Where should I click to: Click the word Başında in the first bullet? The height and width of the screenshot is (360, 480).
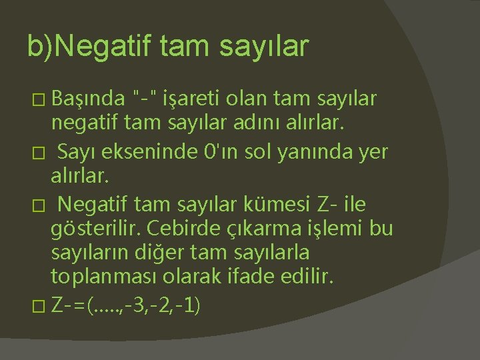click(88, 99)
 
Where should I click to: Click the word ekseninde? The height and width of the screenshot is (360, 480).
click(149, 151)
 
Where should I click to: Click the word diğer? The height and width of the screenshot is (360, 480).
click(159, 253)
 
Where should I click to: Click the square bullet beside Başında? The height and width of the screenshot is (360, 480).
click(39, 100)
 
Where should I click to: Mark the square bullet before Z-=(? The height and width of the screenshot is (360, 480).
click(39, 306)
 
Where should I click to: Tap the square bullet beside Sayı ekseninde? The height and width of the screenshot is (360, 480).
click(39, 153)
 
